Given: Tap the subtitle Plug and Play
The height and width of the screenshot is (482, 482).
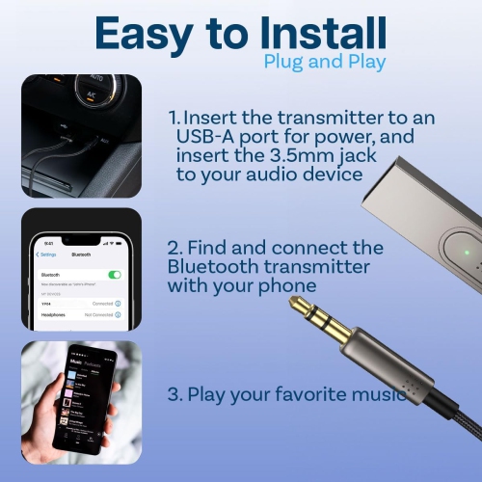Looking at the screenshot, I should [x=324, y=62].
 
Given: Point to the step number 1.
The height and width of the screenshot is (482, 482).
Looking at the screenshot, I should [x=174, y=117].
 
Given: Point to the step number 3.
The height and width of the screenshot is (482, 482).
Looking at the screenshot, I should [x=174, y=394].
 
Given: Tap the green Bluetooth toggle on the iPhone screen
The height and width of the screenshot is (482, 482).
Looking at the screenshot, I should [x=115, y=275].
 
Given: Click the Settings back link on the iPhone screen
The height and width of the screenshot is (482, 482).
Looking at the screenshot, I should [x=46, y=254].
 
